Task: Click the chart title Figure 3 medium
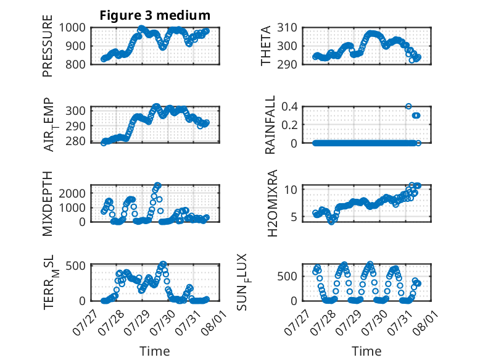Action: click(155, 15)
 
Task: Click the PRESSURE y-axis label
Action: click(48, 46)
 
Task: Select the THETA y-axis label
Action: click(266, 46)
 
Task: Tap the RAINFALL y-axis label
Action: click(270, 125)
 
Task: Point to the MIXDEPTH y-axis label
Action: click(48, 203)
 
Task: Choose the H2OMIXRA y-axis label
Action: click(272, 203)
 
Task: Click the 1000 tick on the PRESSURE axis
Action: click(72, 28)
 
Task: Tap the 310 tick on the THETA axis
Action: click(287, 28)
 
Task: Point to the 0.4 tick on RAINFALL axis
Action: click(289, 107)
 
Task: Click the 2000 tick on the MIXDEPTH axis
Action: click(72, 193)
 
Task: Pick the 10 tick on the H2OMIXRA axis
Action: click(291, 190)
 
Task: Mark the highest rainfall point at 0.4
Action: click(408, 106)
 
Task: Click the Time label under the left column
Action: click(155, 351)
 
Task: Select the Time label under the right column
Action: click(366, 351)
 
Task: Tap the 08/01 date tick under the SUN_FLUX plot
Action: click(424, 322)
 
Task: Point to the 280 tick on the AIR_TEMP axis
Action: click(75, 141)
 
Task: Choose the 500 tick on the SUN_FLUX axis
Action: click(287, 277)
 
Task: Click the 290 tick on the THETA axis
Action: click(287, 64)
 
